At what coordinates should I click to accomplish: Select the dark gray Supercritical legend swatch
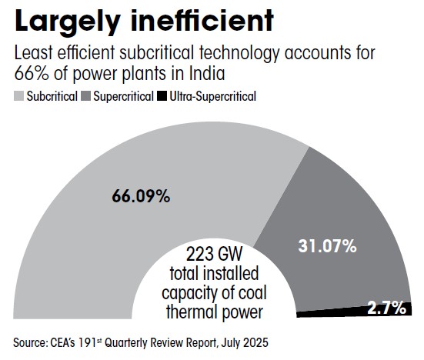pyautogui.click(x=85, y=97)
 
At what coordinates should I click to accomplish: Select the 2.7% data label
pyautogui.click(x=386, y=308)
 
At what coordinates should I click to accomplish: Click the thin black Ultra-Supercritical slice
pyautogui.click(x=339, y=312)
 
